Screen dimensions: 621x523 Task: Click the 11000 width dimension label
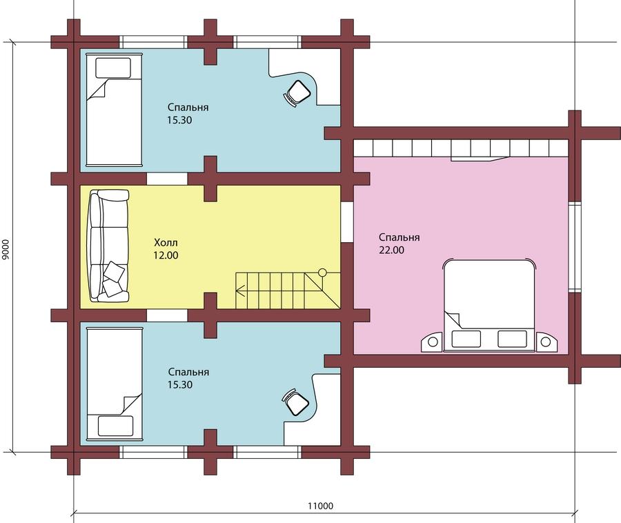click(x=320, y=506)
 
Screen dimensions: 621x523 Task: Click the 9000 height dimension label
click(x=5, y=249)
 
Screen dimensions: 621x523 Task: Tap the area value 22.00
click(x=392, y=250)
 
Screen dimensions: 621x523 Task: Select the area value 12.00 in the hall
click(x=166, y=255)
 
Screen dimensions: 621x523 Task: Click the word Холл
click(x=166, y=242)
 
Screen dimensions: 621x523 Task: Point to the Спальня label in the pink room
click(x=400, y=237)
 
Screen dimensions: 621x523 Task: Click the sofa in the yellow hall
click(x=109, y=246)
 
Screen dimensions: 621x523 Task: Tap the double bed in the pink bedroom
click(x=489, y=305)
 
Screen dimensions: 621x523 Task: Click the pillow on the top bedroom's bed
click(x=113, y=68)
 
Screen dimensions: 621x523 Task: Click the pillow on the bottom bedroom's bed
click(x=115, y=426)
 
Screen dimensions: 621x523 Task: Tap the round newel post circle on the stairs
click(x=322, y=273)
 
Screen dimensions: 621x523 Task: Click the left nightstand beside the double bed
click(x=432, y=342)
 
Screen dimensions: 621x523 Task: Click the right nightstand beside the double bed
click(x=547, y=342)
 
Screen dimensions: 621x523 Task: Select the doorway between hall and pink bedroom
click(x=347, y=221)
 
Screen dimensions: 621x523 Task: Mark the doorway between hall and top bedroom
click(x=167, y=179)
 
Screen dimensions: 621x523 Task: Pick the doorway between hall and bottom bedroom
click(x=167, y=315)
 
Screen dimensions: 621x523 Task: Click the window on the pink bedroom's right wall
click(x=574, y=247)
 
